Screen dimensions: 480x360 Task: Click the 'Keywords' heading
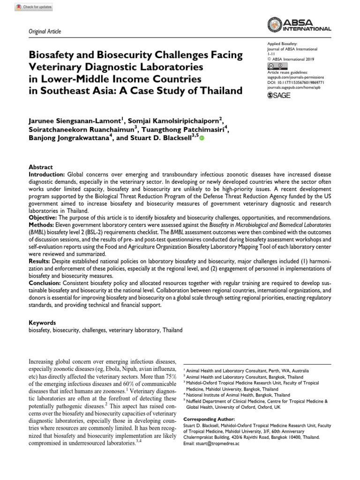pyautogui.click(x=43, y=323)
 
